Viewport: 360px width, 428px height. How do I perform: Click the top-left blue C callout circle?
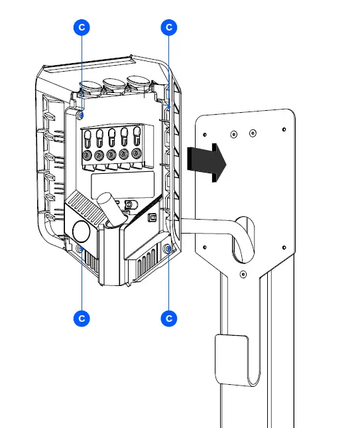(x=81, y=27)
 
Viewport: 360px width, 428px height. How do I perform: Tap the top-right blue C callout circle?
(x=169, y=27)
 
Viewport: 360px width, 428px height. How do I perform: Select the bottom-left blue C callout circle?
(x=81, y=319)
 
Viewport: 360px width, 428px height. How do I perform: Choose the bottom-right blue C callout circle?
(x=169, y=319)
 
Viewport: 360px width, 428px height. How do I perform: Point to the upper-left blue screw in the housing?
(x=81, y=115)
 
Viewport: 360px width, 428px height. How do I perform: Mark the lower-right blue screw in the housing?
(x=168, y=250)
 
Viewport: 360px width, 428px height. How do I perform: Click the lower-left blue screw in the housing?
(x=81, y=249)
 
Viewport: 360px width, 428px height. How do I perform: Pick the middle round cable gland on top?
(x=114, y=84)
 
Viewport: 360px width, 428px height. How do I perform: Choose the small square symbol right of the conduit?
(x=151, y=217)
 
